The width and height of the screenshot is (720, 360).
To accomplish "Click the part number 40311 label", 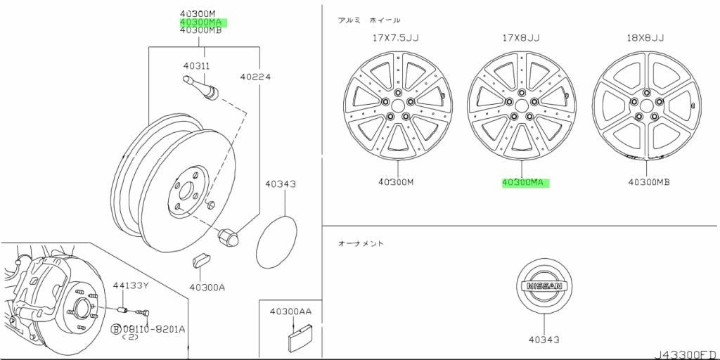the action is coord(197,66).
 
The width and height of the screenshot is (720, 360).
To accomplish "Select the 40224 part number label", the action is coord(255,77).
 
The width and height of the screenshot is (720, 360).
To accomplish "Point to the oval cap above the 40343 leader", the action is coord(276,242).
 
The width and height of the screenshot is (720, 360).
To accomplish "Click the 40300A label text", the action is coord(207,288).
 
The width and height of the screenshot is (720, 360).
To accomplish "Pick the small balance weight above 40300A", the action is coord(200,259).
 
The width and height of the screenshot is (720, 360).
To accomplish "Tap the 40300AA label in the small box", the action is coord(290,311).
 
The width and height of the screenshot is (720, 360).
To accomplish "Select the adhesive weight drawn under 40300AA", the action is coord(298,336).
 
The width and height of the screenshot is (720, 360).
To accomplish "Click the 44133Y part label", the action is coord(131,285).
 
